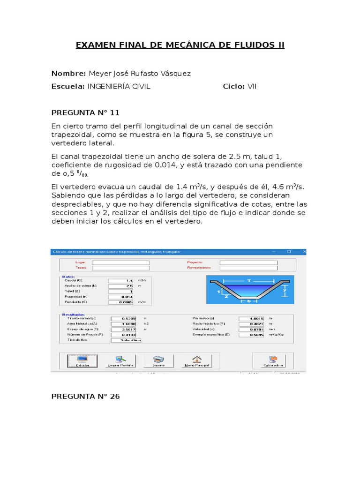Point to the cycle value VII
(252, 86)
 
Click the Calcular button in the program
(82, 360)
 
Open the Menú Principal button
(197, 360)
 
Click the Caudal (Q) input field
(121, 280)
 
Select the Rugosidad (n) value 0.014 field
(121, 297)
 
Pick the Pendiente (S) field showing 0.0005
(121, 302)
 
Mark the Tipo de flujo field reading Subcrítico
(126, 340)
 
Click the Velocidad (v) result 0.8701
(252, 330)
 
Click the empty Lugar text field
(120, 262)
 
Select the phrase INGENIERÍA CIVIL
(119, 86)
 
